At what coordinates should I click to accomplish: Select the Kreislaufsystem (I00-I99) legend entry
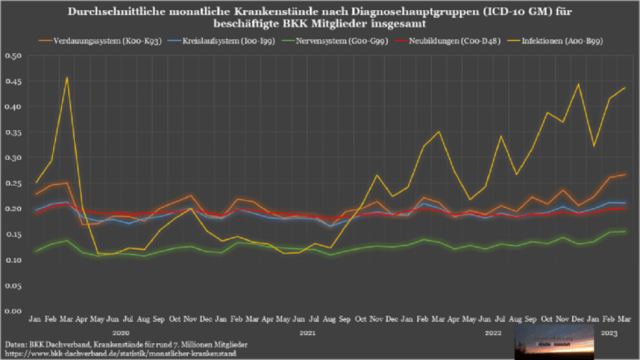[x=220, y=41]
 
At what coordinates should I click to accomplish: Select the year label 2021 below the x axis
[x=307, y=333]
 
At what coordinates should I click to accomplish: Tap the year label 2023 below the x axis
[x=609, y=333]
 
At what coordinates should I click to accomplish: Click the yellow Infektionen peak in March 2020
[x=67, y=77]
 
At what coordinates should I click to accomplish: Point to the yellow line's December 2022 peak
[x=578, y=84]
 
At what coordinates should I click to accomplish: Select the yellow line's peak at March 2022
[x=439, y=132]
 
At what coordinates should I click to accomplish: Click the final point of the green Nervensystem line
[x=624, y=231]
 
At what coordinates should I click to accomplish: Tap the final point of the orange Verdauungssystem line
[x=624, y=174]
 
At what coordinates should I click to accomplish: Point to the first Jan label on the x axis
[x=35, y=320]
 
